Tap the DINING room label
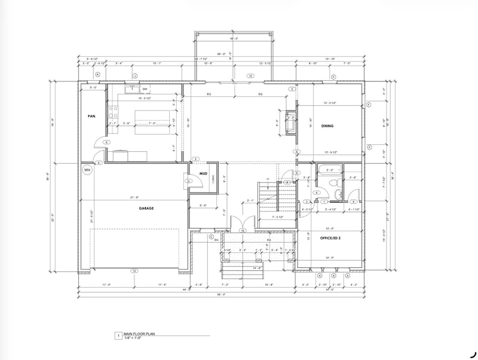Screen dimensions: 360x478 [327, 126]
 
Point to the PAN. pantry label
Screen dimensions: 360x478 [92, 117]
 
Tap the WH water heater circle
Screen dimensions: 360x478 [87, 169]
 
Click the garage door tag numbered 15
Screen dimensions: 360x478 [135, 270]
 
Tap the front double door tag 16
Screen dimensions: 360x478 [243, 230]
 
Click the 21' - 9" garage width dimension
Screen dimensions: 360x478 [134, 198]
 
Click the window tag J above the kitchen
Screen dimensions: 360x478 [135, 76]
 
